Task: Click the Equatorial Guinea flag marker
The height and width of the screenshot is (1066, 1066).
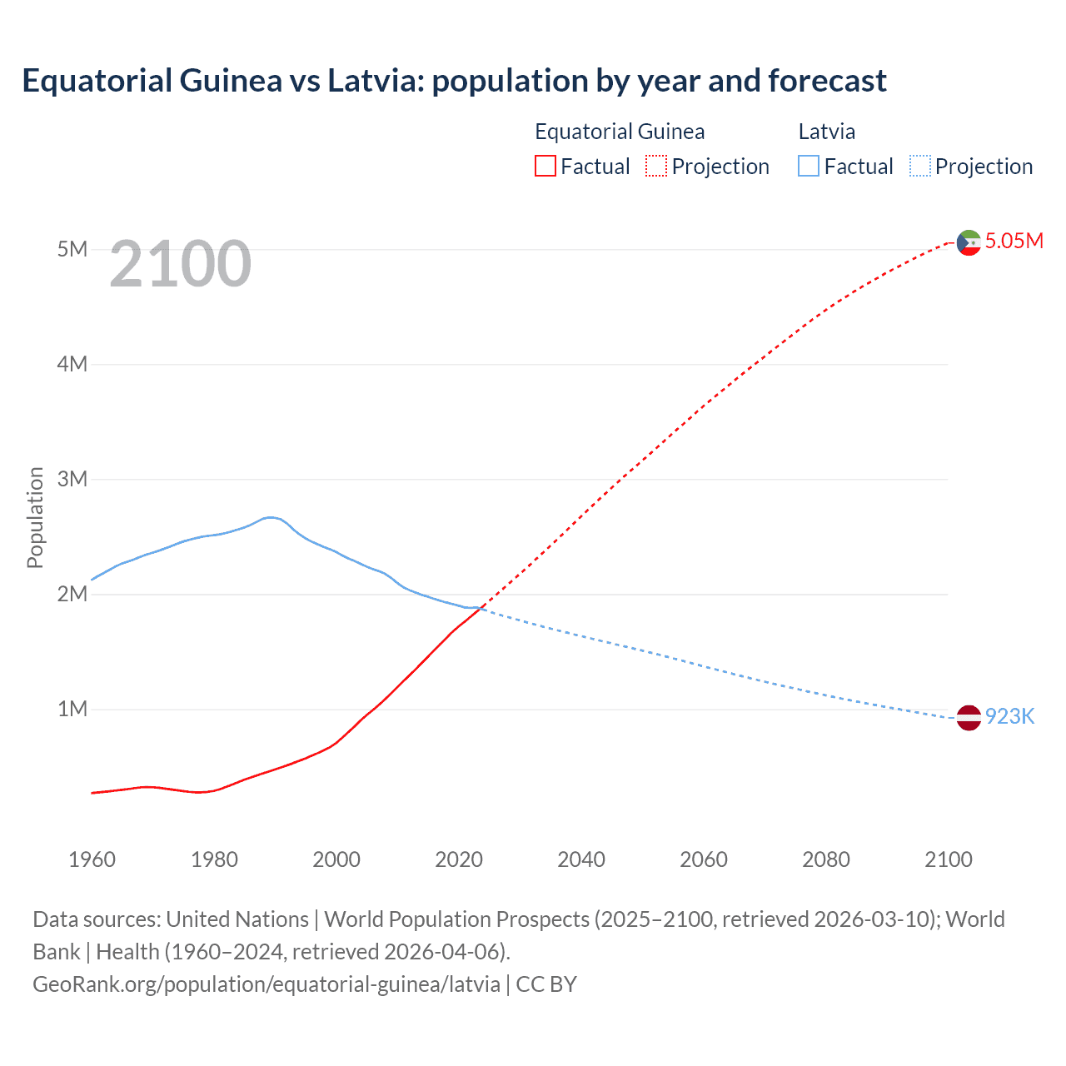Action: tap(969, 242)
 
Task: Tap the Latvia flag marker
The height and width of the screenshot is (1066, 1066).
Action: tap(969, 717)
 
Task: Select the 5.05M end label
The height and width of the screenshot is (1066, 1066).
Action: tap(1014, 242)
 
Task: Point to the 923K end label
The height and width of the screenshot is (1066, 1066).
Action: tap(1009, 717)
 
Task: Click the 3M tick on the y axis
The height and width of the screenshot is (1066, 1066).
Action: tap(72, 479)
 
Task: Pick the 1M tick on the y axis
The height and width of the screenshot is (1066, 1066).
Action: tap(72, 709)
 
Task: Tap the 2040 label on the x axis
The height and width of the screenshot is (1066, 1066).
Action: tap(581, 859)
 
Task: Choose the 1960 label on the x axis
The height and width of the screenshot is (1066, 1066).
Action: tap(92, 859)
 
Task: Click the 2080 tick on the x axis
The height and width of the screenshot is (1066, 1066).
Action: tap(826, 859)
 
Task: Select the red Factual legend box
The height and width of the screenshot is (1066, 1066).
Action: tap(545, 166)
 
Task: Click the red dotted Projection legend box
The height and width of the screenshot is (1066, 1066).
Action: tap(656, 166)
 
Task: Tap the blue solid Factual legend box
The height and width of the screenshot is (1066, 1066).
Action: tap(809, 166)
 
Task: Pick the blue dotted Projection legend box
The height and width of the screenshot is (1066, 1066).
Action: tap(919, 166)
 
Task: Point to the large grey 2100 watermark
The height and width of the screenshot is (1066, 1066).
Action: tap(180, 264)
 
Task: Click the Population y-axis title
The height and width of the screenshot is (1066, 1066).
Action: tap(35, 517)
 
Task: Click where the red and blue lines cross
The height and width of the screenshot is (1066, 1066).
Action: tap(481, 609)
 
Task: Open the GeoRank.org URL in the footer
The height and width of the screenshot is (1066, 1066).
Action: tap(266, 984)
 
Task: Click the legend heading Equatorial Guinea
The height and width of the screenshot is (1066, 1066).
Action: tap(620, 132)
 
